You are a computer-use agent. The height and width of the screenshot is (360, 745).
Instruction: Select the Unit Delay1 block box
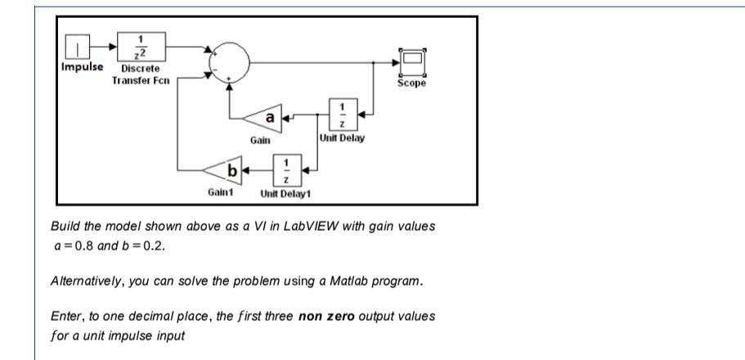pos(285,170)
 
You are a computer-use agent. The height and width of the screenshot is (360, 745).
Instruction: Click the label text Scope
pos(411,83)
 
